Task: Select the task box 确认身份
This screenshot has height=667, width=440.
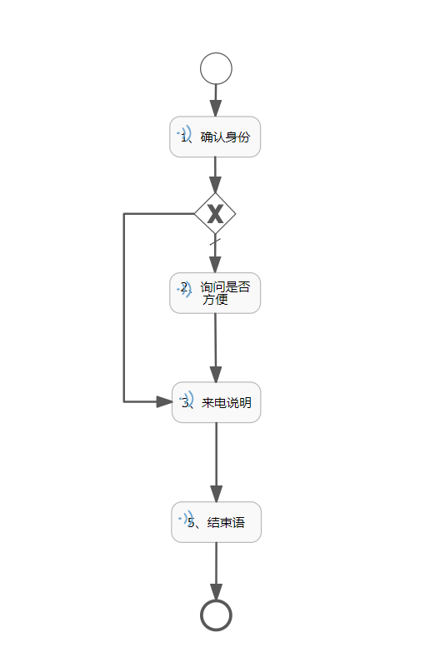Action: coord(215,137)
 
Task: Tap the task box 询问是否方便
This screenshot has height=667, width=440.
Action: coord(215,293)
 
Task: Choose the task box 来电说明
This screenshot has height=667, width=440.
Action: coord(216,402)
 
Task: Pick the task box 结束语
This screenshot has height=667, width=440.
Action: coord(216,522)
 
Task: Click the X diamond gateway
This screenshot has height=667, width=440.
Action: coord(215,213)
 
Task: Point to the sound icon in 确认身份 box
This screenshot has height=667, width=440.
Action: coord(185,134)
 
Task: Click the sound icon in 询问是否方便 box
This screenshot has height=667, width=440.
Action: coord(185,289)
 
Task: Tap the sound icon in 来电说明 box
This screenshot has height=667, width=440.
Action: coord(187,400)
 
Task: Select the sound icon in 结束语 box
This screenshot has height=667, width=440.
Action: coord(187,519)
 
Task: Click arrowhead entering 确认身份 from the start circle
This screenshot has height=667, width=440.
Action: coord(215,108)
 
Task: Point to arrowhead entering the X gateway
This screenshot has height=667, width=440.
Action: coord(215,186)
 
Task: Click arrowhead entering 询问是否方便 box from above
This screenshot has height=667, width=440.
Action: coord(215,265)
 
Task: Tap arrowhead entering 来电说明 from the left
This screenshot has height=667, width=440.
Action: coord(164,401)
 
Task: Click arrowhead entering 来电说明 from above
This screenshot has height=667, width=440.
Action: coord(216,374)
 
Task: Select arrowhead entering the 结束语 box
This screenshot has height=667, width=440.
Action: coord(216,494)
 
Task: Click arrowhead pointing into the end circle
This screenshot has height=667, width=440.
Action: coord(216,592)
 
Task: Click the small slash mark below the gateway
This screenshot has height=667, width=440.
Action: coord(215,242)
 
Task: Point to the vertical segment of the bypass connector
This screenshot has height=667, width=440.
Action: coord(124,307)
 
